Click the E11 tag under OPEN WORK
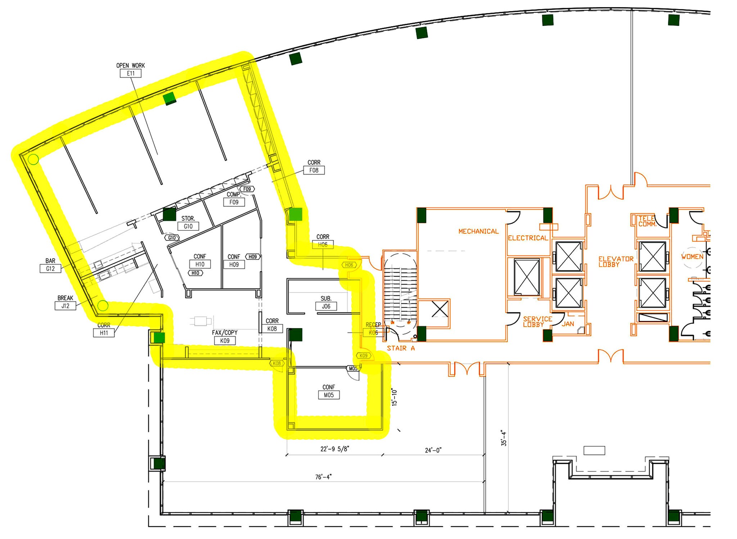pos(130,73)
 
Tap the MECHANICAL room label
pos(478,231)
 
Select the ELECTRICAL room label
pos(528,238)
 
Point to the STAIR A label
pos(401,348)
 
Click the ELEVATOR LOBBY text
pos(616,262)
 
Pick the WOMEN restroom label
pos(692,257)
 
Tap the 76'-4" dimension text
pos(323,477)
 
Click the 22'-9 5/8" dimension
pos(335,449)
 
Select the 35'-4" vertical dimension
pos(504,439)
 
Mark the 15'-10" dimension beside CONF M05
pos(394,397)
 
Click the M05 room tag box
pos(329,395)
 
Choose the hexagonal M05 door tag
pos(353,368)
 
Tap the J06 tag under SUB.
pos(326,307)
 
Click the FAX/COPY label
pos(225,333)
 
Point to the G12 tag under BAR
pos(50,268)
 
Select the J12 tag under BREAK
pos(65,306)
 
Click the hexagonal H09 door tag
pos(253,257)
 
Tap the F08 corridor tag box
pos(314,170)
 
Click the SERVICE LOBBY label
pos(537,322)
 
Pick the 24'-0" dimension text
pos(433,450)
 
